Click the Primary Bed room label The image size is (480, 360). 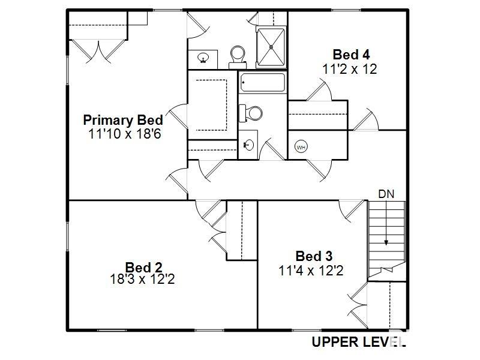tap(123, 119)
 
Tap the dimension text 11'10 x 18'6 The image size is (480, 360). tap(124, 134)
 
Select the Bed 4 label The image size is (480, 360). tap(350, 55)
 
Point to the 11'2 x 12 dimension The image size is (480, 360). tap(350, 69)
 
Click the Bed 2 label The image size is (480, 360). tap(144, 266)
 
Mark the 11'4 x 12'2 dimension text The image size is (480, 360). tap(311, 271)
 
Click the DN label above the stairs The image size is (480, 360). tap(386, 194)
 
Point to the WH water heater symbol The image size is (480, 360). tap(301, 147)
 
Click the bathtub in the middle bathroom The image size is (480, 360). tap(262, 82)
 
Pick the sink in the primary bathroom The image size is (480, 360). tap(203, 58)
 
